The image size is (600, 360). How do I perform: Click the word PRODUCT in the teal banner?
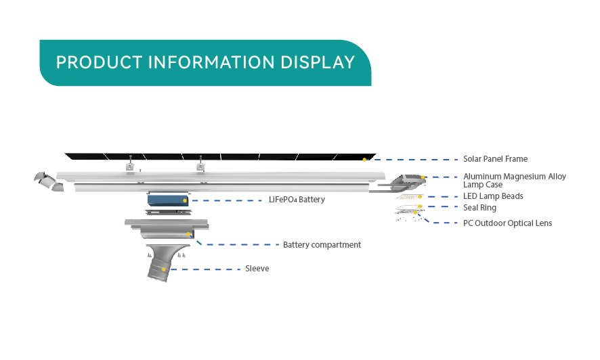99,62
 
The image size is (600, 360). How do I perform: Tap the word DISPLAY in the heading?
318,62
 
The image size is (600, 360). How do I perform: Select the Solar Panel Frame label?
495,159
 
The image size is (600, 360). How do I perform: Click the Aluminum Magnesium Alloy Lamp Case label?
514,181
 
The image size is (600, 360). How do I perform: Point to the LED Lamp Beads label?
493,196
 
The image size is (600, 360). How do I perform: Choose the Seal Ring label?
479,208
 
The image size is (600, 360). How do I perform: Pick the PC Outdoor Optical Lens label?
507,223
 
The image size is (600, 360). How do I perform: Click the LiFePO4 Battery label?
297,200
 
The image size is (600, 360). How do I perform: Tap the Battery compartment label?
322,245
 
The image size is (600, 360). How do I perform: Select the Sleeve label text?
257,269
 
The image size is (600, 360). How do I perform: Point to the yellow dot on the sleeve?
164,269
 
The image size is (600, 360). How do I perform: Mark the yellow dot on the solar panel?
364,160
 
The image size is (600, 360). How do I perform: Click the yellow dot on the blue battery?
185,200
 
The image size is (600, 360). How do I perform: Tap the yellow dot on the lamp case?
423,177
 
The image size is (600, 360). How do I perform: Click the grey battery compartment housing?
167,229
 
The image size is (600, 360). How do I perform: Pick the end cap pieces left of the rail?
49,181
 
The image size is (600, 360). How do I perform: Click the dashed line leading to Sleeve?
205,269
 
